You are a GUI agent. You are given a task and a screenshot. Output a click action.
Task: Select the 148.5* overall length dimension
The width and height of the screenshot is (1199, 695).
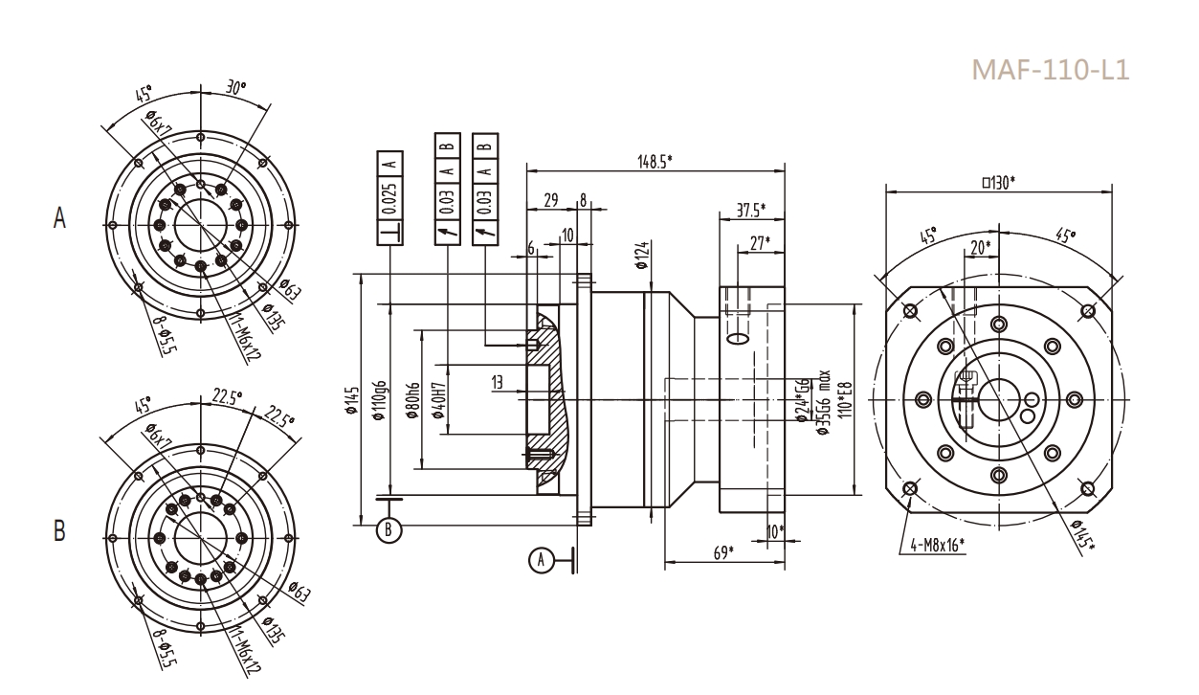[655, 161]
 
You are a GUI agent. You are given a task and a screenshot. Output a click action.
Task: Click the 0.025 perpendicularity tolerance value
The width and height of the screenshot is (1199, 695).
[390, 202]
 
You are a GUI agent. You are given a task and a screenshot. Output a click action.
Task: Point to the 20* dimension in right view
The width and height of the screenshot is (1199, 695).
[981, 248]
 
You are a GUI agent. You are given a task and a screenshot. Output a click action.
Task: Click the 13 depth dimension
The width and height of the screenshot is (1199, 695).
[498, 382]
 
